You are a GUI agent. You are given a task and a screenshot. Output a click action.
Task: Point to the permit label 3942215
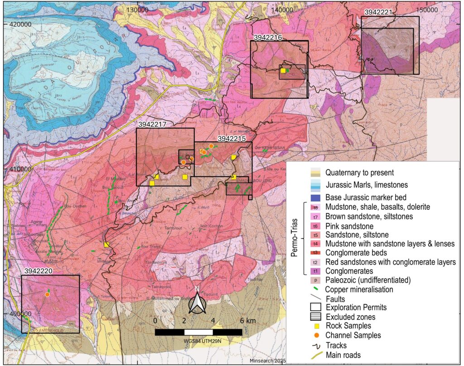pos(232,138)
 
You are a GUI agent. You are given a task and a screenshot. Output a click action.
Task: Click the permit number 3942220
pos(37,271)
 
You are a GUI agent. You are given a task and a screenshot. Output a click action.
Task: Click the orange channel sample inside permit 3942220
pos(47,294)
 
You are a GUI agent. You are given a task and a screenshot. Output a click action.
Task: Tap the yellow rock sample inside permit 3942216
pos(283,71)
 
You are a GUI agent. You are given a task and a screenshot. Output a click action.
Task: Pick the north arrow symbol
pos(197,301)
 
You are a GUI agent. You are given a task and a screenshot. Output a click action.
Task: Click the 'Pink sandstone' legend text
pos(349,226)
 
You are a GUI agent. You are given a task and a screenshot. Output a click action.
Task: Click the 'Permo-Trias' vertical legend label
pos(294,239)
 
